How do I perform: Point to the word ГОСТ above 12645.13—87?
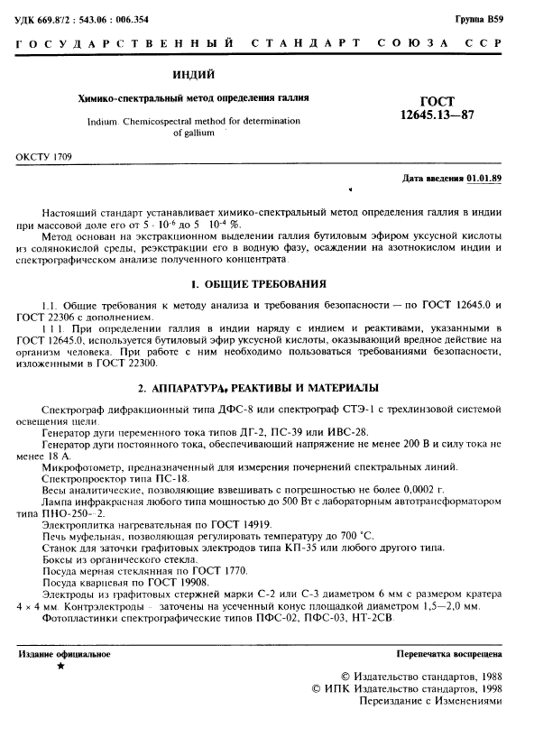[437, 101]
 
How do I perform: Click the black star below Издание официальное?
[60, 667]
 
